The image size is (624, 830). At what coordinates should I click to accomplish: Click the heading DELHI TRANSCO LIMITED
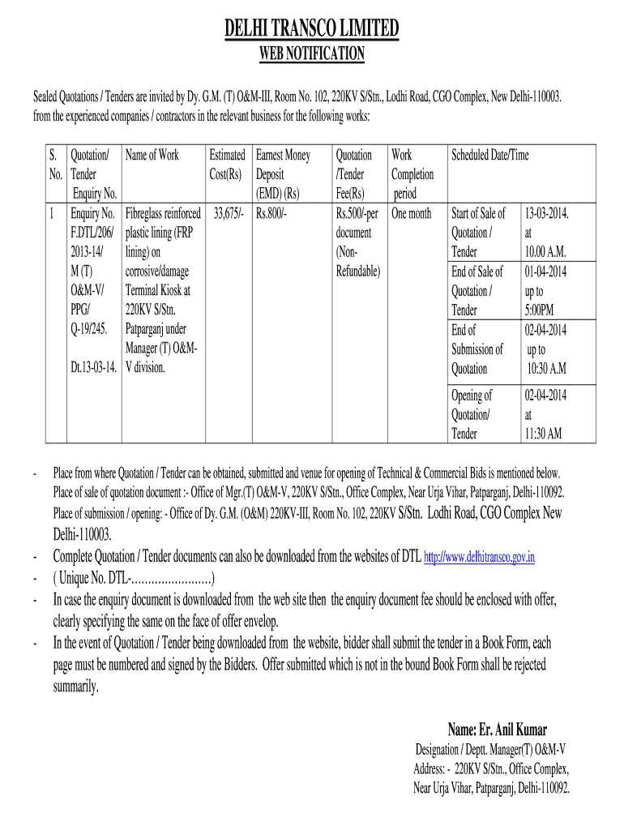(x=312, y=30)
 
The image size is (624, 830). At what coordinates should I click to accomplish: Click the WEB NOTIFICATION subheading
(x=312, y=54)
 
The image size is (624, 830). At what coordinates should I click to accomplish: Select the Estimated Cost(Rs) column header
(x=227, y=165)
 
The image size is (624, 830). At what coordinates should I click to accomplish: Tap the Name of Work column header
(x=152, y=155)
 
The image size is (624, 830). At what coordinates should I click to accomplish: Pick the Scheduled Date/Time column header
(x=489, y=155)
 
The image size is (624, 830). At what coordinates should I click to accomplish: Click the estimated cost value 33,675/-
(x=229, y=214)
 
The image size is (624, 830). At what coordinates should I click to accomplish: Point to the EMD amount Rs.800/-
(x=272, y=214)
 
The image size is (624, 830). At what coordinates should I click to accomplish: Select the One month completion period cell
(x=412, y=214)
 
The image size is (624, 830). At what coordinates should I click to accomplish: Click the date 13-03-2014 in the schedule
(x=547, y=214)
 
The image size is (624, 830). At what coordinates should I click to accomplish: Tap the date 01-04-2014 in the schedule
(x=546, y=272)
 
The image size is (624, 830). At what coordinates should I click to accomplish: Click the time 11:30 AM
(x=543, y=434)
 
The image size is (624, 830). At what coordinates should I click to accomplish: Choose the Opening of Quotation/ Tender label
(x=472, y=414)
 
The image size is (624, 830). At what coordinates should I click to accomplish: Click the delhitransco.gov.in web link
(x=480, y=558)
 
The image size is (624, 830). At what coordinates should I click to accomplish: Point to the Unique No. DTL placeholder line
(x=134, y=579)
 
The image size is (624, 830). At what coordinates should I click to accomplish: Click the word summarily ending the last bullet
(x=75, y=686)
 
